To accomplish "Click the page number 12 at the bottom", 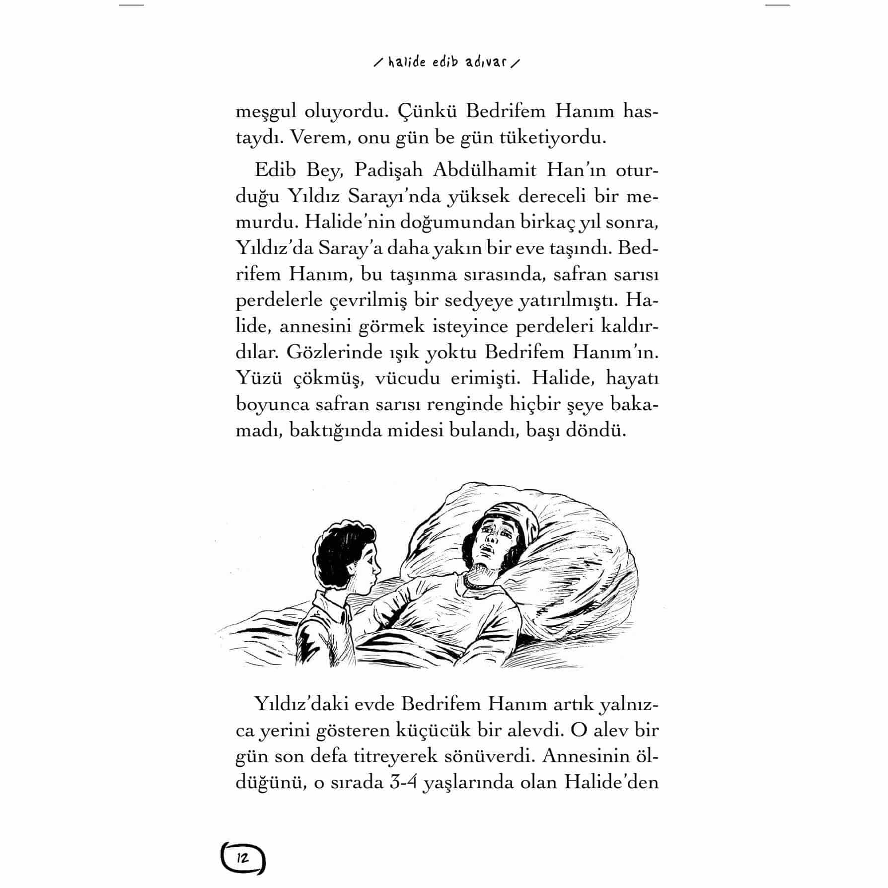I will pyautogui.click(x=243, y=858).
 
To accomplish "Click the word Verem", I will pyautogui.click(x=318, y=137).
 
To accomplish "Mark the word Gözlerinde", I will pyautogui.click(x=332, y=352).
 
